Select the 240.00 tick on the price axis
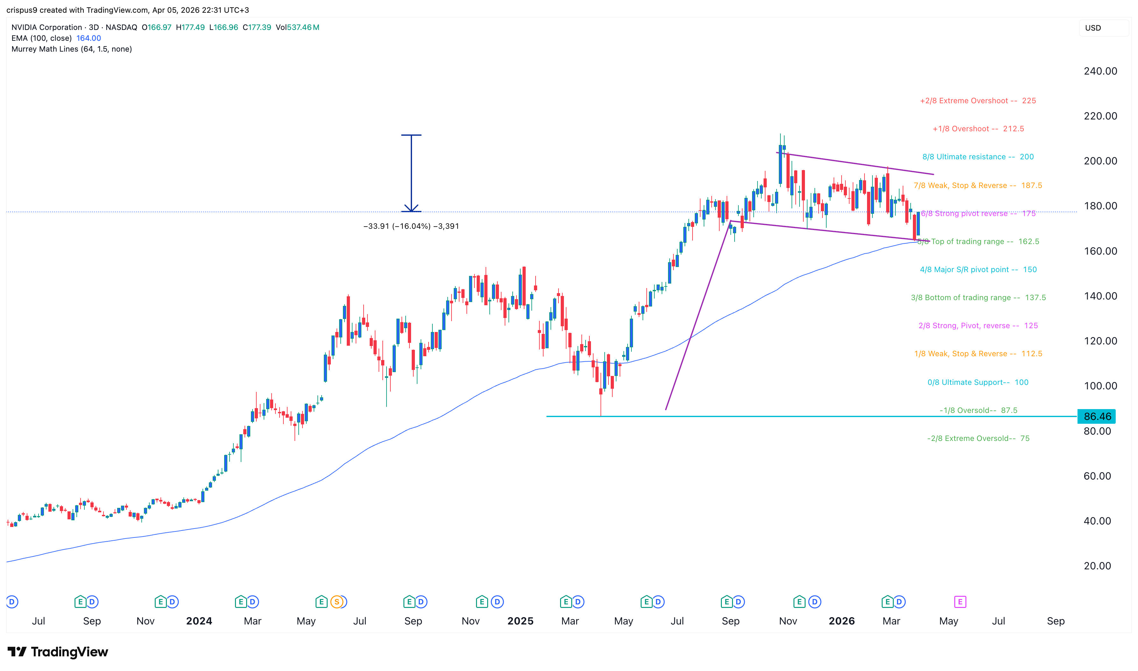(x=1100, y=71)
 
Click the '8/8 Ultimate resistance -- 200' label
(x=978, y=157)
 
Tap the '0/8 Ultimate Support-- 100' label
(x=978, y=383)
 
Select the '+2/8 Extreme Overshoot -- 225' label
(x=978, y=101)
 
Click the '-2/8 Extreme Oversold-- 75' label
(x=978, y=439)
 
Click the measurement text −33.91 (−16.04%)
(x=411, y=226)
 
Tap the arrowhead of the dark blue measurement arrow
(x=411, y=209)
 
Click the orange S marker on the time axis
(x=337, y=602)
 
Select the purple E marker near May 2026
(x=960, y=602)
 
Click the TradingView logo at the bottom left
(x=58, y=652)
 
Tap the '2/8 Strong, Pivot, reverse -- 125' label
(x=978, y=326)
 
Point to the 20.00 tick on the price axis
(x=1097, y=566)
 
